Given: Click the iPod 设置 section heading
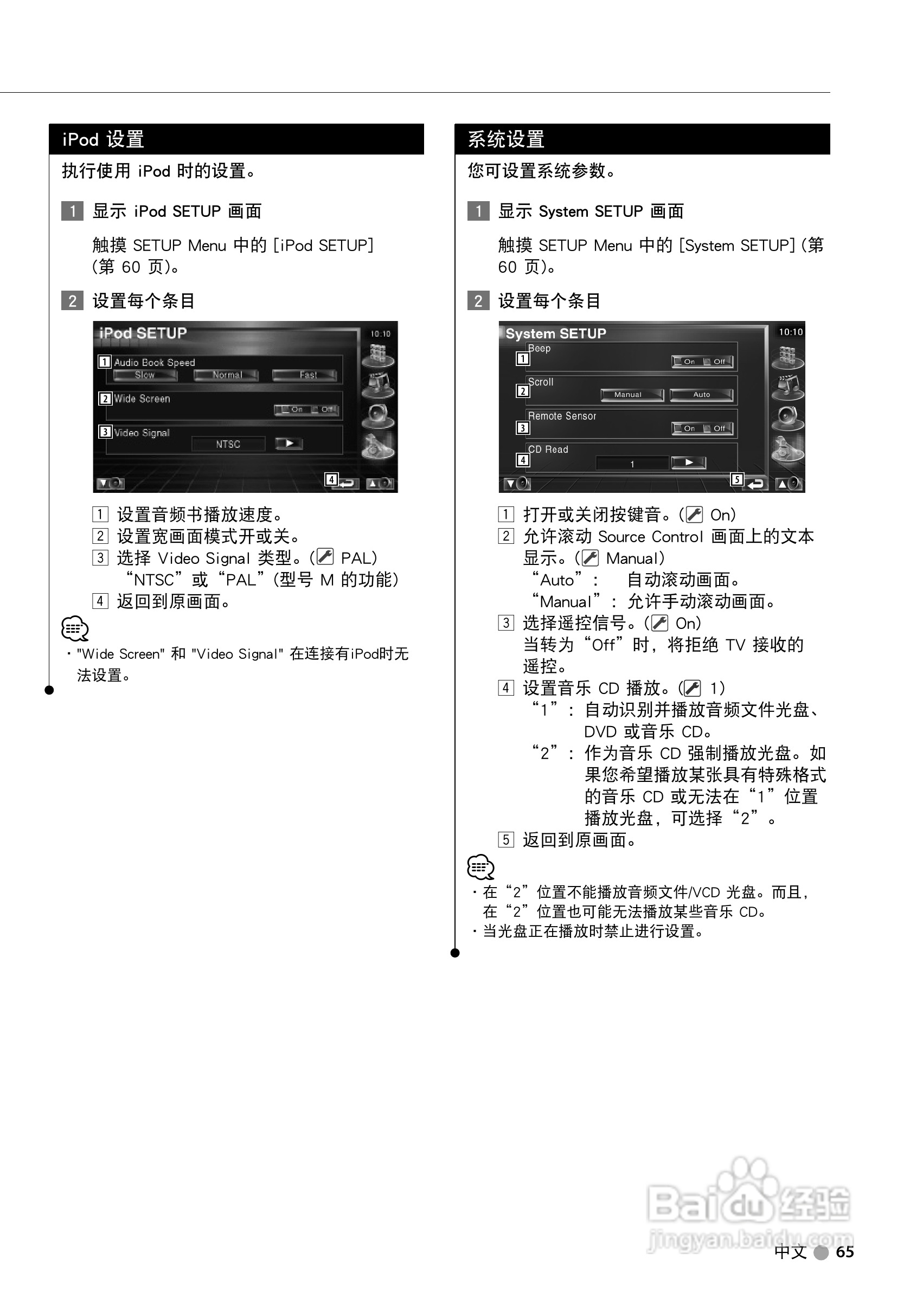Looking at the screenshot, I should tap(104, 139).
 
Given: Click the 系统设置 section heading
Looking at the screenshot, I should tap(506, 139).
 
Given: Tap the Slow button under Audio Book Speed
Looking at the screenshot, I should tap(145, 375).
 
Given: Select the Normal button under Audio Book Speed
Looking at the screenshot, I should tap(226, 375).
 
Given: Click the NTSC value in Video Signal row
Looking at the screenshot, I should tap(228, 444).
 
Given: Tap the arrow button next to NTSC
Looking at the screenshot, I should tap(289, 444).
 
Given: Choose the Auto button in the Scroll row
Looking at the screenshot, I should tap(701, 395).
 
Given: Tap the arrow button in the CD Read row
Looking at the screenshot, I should tap(688, 463).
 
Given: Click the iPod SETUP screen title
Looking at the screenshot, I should tap(143, 333).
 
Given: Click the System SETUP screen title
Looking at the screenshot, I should tap(556, 333).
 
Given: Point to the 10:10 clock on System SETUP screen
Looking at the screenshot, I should tap(790, 332).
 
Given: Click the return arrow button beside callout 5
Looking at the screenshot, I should tap(757, 484).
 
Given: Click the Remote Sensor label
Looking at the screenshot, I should tap(562, 416).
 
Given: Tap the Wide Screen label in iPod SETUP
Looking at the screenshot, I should tap(142, 399).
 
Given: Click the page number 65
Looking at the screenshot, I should tap(845, 1252).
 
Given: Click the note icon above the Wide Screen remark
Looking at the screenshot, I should tap(75, 628).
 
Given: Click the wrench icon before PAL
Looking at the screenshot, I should tap(325, 557).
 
